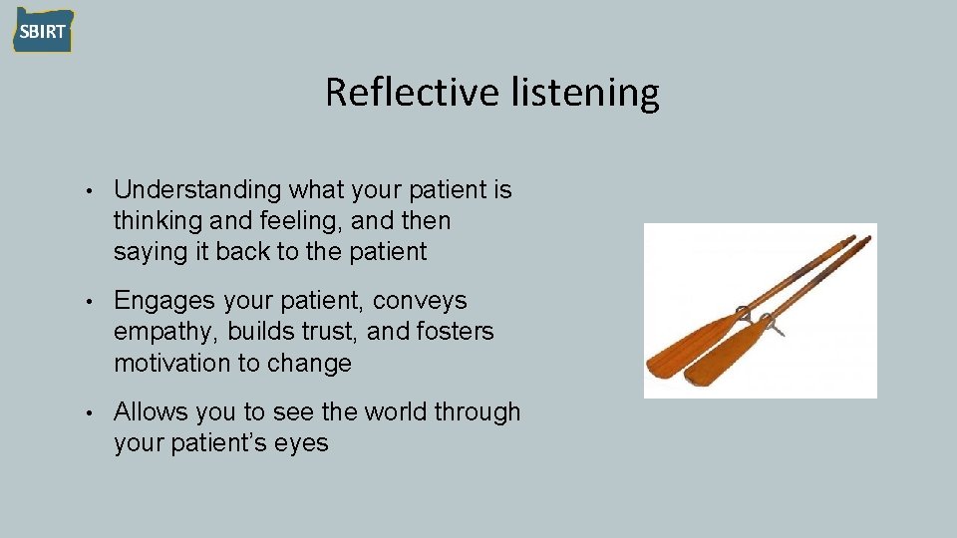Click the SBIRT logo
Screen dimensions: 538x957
point(42,31)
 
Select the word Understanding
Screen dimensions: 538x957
point(197,190)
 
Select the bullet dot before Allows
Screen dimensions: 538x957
point(90,412)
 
